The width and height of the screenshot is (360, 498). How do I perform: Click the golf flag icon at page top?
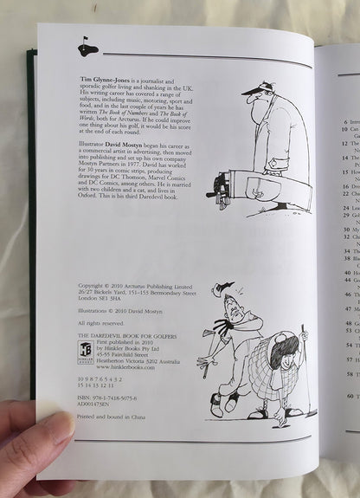tap(85, 42)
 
